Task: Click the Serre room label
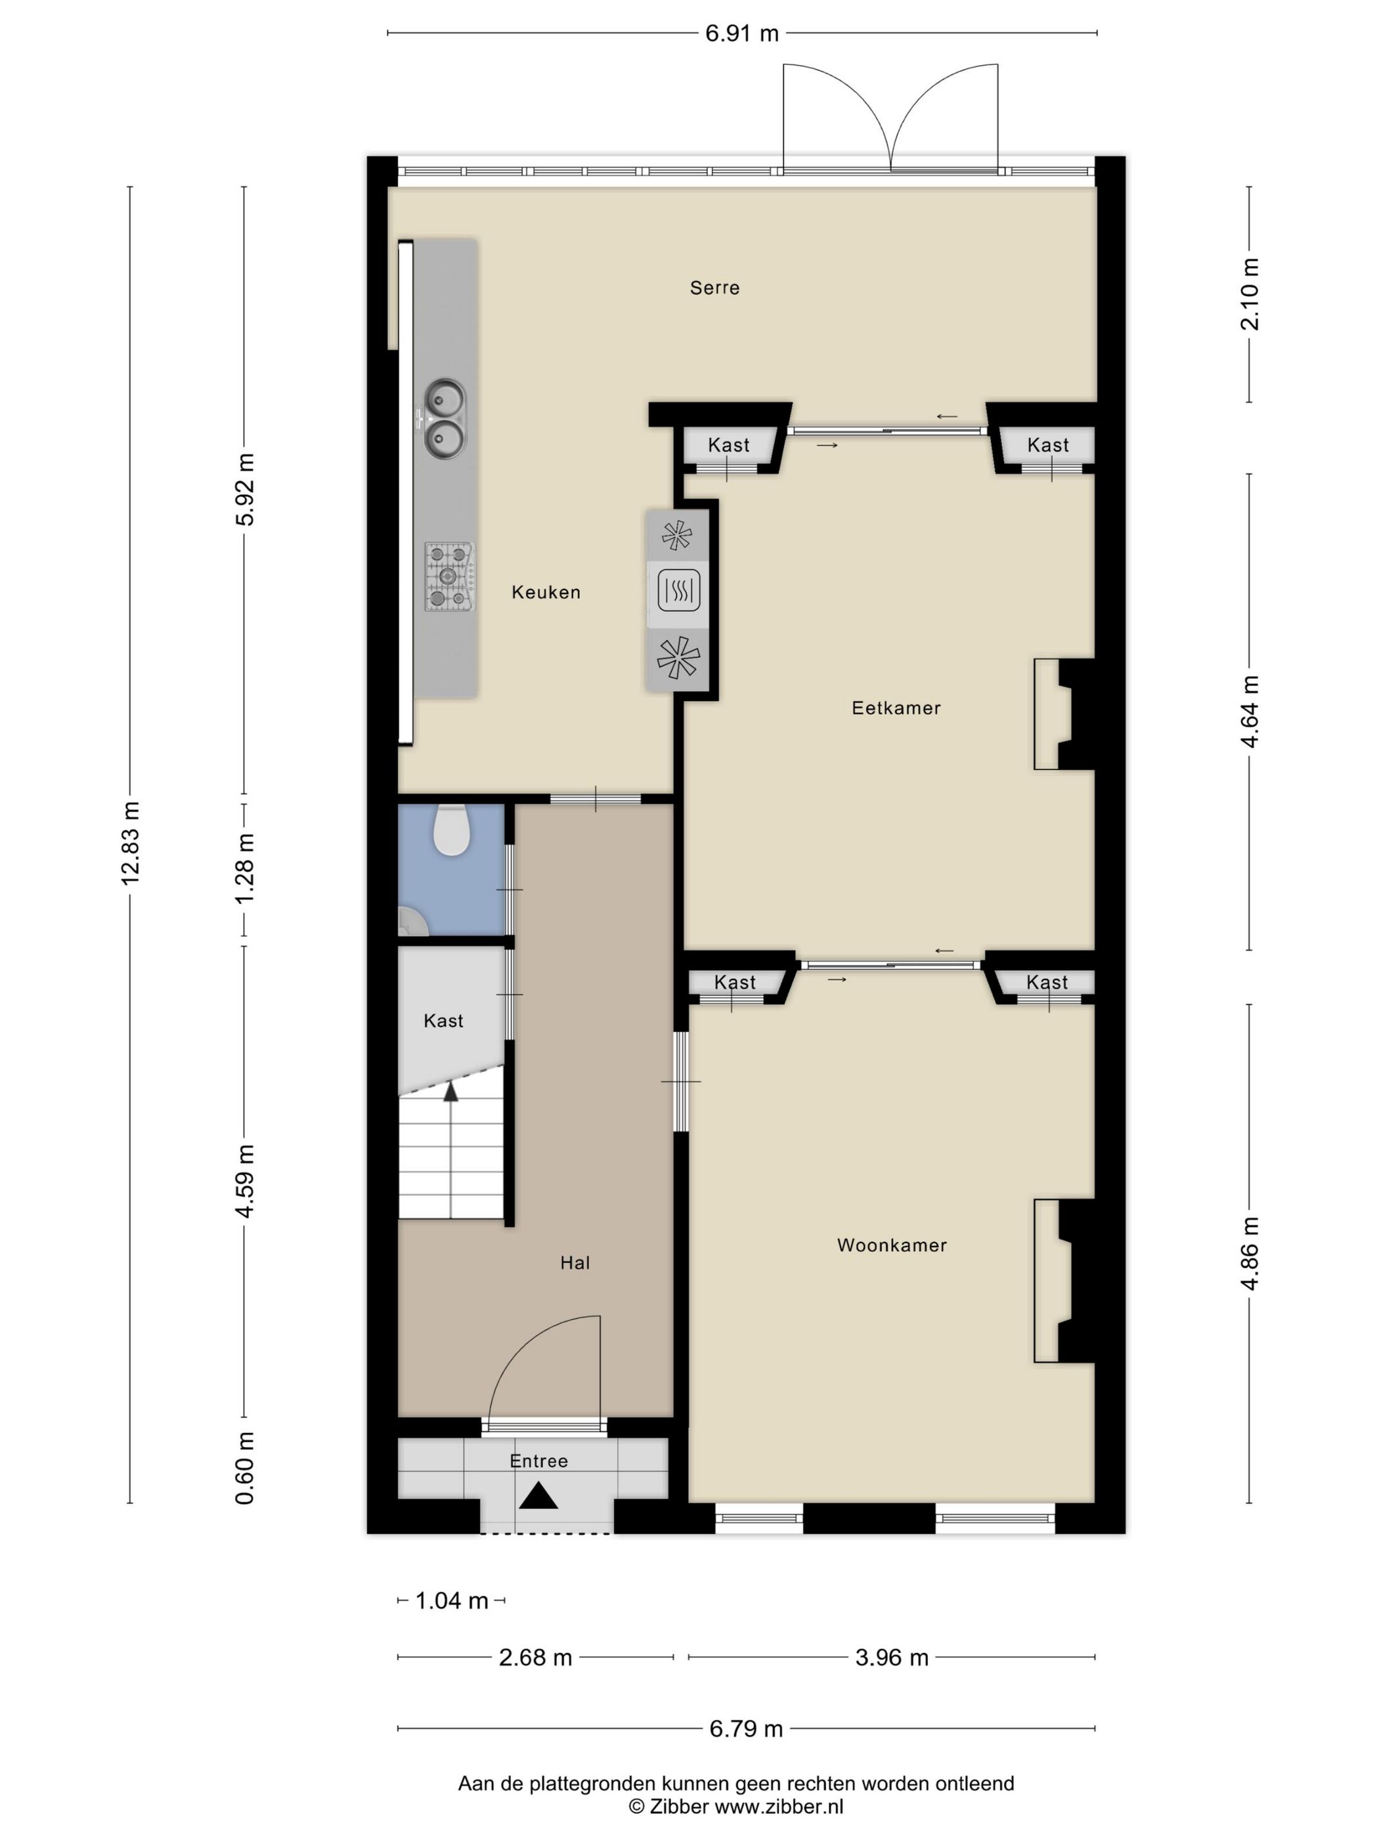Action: coord(714,288)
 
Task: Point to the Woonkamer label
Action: coord(892,1245)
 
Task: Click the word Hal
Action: coord(575,1263)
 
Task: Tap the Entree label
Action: coord(538,1461)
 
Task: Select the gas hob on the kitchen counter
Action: coord(450,576)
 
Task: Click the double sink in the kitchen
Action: coord(445,418)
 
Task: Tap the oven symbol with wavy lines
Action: coord(678,590)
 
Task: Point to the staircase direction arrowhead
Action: coord(450,1091)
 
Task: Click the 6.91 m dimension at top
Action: coord(742,33)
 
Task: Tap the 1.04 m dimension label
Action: coord(451,1600)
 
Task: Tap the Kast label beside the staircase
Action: coord(443,1020)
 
